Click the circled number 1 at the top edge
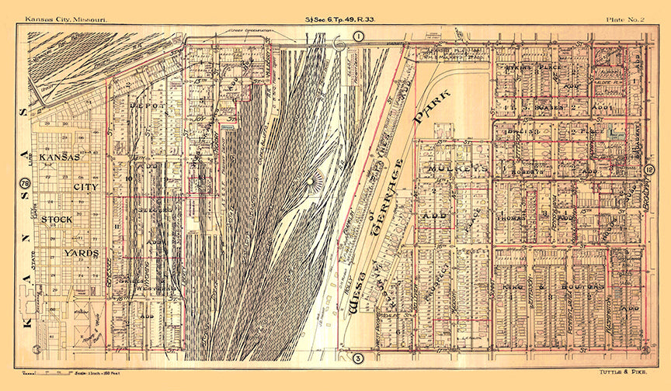tap(358, 36)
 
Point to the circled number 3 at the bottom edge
tap(358, 358)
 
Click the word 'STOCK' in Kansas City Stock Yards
tap(57, 220)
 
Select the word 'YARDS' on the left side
tap(81, 253)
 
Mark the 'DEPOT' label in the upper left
tap(143, 102)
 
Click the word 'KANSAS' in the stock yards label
tap(61, 157)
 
